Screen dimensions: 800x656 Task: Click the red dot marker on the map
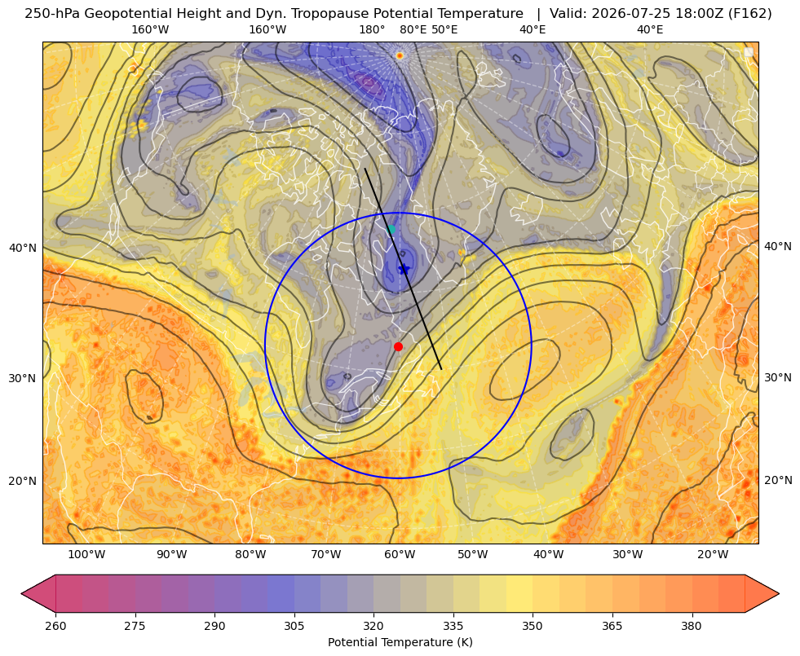tap(399, 347)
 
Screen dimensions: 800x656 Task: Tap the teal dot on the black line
tap(391, 229)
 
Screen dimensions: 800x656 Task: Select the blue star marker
tap(404, 269)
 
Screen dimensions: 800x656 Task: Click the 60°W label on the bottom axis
tap(399, 555)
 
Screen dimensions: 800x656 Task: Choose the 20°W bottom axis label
tap(713, 555)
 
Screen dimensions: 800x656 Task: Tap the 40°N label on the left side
tap(23, 249)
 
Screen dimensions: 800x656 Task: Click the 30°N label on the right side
tap(778, 377)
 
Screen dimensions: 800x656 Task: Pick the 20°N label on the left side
tap(23, 481)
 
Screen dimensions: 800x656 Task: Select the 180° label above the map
tap(372, 29)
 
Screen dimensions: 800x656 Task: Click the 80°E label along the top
tap(413, 29)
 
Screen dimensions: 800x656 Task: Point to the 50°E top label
tap(444, 29)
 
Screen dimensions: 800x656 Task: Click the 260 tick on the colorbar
tap(55, 626)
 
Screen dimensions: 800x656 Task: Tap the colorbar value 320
tap(373, 626)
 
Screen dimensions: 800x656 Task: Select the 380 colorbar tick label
tap(692, 626)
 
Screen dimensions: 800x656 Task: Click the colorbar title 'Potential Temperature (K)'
tap(400, 642)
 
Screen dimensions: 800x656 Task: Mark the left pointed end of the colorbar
tap(21, 593)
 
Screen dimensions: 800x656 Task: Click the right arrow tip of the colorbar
tap(779, 593)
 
